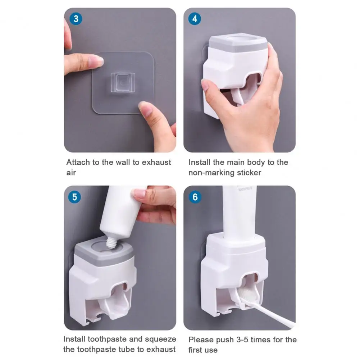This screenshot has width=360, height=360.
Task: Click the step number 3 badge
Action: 76,19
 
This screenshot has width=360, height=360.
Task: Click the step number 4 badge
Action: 195,19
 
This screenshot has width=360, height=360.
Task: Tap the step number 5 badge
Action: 74,197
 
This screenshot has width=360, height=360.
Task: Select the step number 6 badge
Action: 195,197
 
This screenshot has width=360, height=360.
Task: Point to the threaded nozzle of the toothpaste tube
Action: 111,243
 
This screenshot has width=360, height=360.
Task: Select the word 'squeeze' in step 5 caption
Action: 161,339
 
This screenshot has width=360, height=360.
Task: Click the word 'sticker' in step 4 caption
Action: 249,173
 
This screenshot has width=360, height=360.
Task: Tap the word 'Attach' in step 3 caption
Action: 78,162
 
